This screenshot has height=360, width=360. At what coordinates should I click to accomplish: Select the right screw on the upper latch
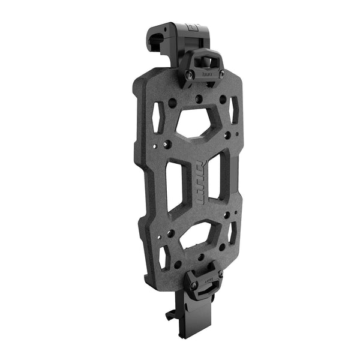click(220, 74)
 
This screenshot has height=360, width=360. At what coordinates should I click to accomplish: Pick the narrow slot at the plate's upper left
click(158, 116)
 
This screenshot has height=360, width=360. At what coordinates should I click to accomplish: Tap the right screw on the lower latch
click(220, 275)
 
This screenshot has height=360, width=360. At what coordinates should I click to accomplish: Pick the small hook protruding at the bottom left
click(170, 314)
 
